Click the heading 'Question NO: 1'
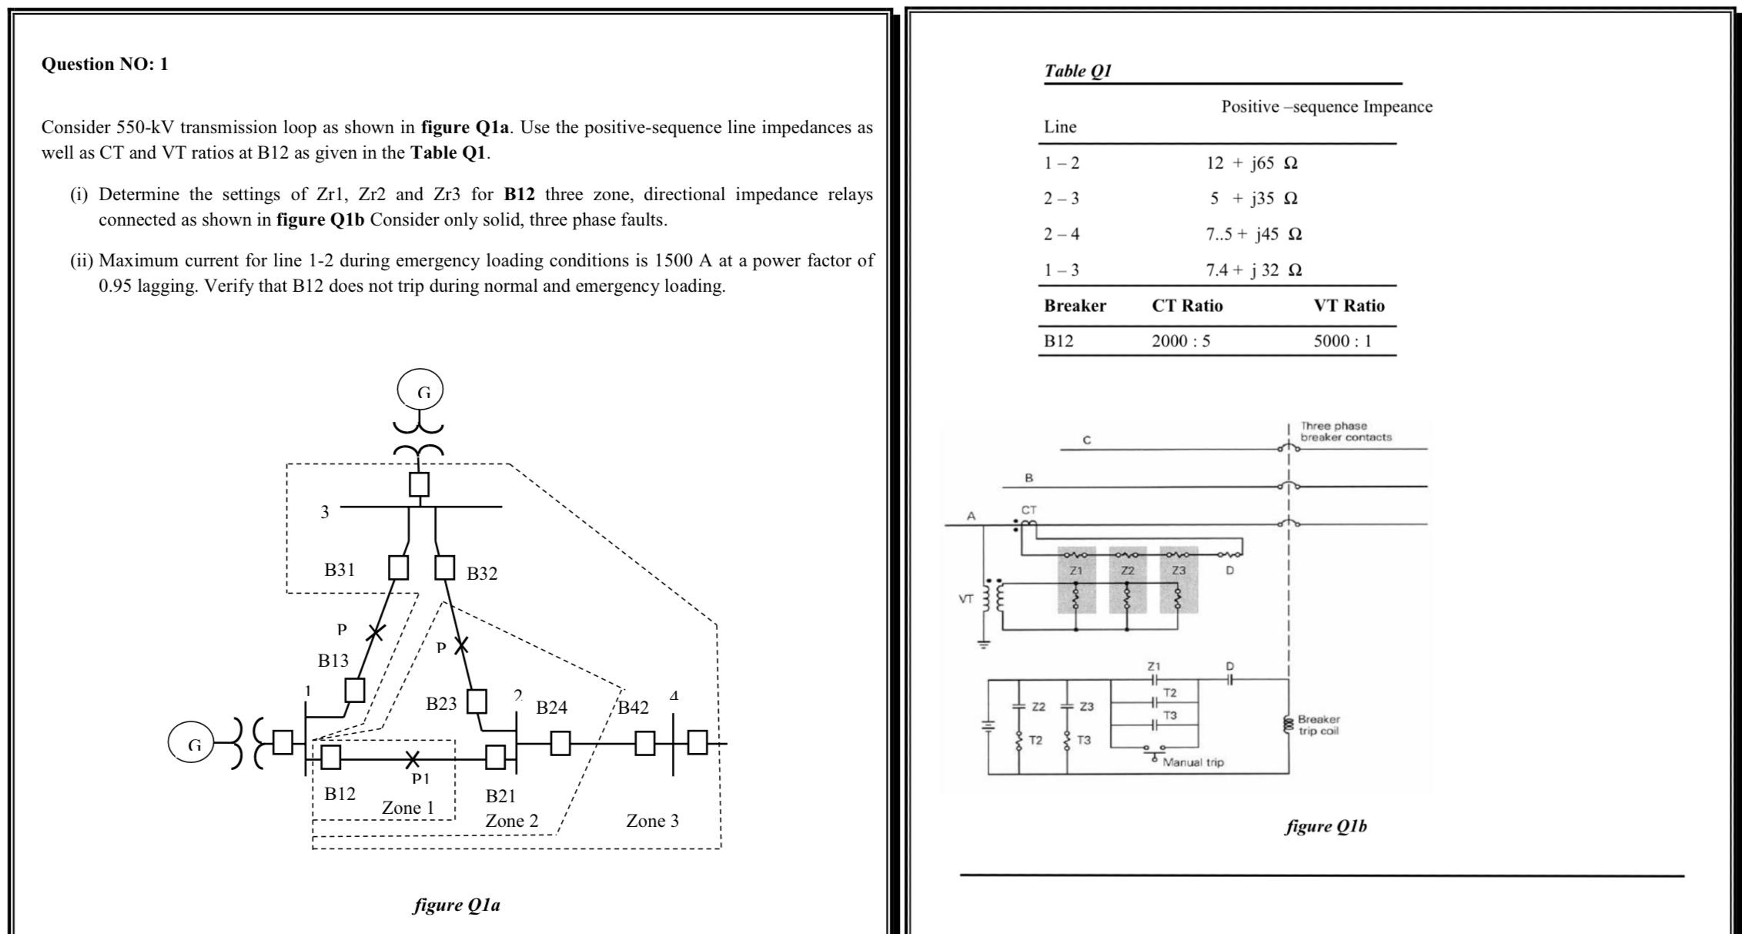coord(105,64)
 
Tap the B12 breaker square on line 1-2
coord(331,757)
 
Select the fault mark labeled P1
coord(413,759)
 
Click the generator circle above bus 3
coord(420,391)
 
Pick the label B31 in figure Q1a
coord(339,570)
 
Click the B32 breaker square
coord(444,567)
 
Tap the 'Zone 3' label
coord(652,821)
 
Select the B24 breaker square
coord(560,743)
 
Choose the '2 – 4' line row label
coord(1062,234)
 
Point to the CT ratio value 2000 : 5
coord(1181,341)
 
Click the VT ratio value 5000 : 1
coord(1342,341)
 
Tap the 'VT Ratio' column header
coord(1349,306)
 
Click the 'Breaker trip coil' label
coord(1319,725)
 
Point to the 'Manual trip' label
coord(1192,762)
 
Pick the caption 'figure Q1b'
coord(1326,826)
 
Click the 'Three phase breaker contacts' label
coord(1346,431)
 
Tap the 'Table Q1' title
coord(1078,72)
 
